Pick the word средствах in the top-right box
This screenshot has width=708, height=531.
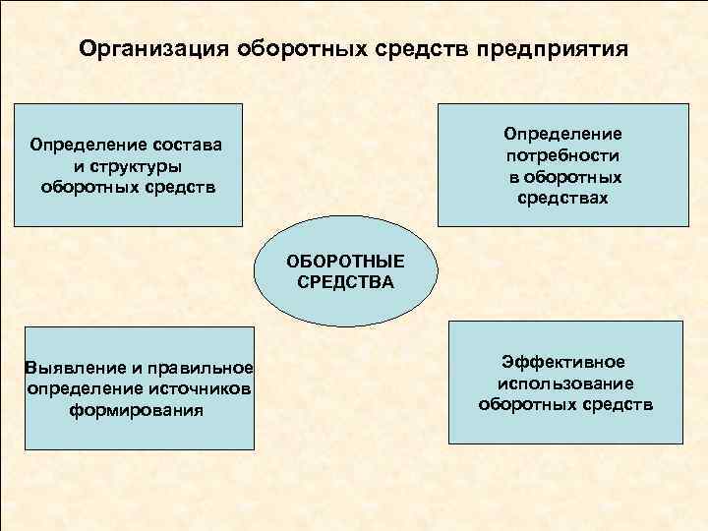coord(563,199)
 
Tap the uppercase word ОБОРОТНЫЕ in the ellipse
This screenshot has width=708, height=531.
coord(344,263)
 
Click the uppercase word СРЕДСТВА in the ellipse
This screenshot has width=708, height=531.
coord(344,282)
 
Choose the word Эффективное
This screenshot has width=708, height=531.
coord(563,363)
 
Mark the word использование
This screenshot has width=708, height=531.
coord(565,383)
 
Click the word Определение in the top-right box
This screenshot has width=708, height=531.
coord(563,133)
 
